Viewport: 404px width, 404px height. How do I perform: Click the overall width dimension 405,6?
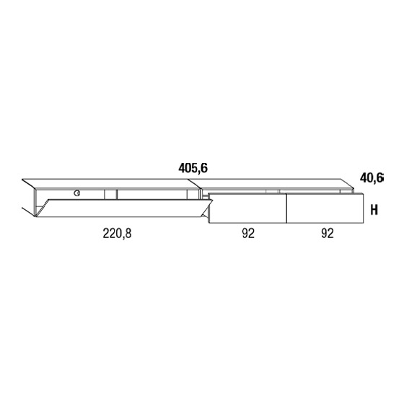click(x=193, y=169)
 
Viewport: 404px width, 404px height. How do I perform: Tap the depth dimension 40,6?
click(x=372, y=178)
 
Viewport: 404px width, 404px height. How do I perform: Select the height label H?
click(x=374, y=210)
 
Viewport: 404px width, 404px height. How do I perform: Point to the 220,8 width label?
click(x=117, y=234)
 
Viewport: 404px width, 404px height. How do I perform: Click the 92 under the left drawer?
click(x=248, y=234)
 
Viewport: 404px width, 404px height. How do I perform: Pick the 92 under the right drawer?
click(x=328, y=234)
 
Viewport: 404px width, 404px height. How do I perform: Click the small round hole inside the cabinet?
click(x=76, y=193)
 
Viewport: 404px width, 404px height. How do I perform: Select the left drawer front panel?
click(x=247, y=208)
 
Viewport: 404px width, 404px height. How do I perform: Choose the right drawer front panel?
click(x=325, y=208)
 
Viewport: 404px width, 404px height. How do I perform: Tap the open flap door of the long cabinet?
click(x=123, y=208)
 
